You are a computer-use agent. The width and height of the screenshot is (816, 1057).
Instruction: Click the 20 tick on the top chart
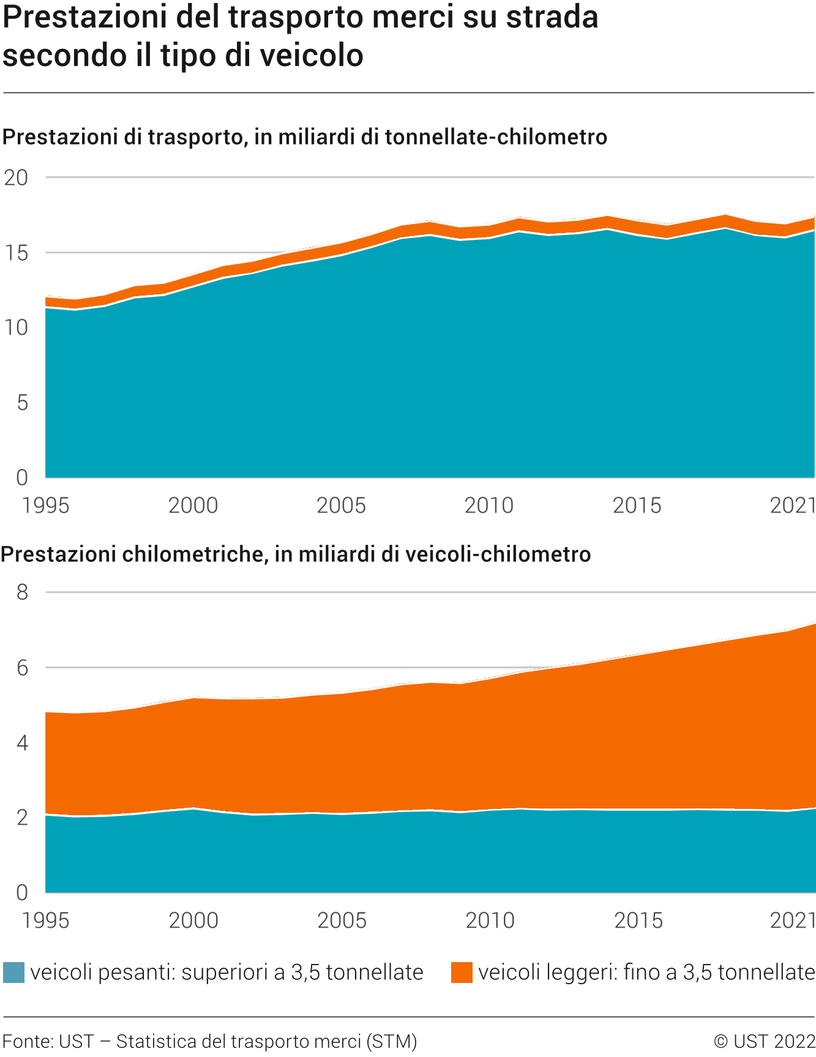tap(17, 177)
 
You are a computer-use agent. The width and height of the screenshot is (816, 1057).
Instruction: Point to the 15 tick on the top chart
tap(17, 253)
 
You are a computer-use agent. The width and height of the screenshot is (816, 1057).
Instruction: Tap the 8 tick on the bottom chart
tap(23, 592)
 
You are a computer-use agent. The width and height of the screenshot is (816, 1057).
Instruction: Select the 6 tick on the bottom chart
tap(23, 667)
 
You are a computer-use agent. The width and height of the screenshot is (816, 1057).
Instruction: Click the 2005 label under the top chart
tap(341, 506)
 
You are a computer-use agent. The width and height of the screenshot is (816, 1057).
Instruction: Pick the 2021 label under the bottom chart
tap(793, 921)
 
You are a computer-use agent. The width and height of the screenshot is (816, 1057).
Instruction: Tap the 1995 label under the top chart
tap(46, 506)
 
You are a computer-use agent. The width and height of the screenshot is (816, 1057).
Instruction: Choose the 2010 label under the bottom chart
tap(490, 921)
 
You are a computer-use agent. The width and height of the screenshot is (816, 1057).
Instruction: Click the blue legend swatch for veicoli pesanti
tap(13, 973)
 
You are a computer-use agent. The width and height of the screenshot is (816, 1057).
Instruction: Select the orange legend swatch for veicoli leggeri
tap(462, 973)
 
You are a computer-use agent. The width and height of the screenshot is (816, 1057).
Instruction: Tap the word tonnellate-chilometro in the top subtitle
tap(496, 136)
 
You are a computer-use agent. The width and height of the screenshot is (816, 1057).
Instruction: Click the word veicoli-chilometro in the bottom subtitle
tap(498, 554)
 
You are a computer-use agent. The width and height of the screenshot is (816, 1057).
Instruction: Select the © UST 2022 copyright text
tap(765, 1041)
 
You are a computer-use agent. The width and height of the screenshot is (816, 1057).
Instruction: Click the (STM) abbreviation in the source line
tap(392, 1041)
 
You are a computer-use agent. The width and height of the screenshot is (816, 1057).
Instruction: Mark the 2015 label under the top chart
tap(637, 506)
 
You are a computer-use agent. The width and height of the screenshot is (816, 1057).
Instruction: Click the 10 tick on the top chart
tap(17, 327)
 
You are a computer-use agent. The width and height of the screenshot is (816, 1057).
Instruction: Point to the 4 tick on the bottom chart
tap(23, 743)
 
